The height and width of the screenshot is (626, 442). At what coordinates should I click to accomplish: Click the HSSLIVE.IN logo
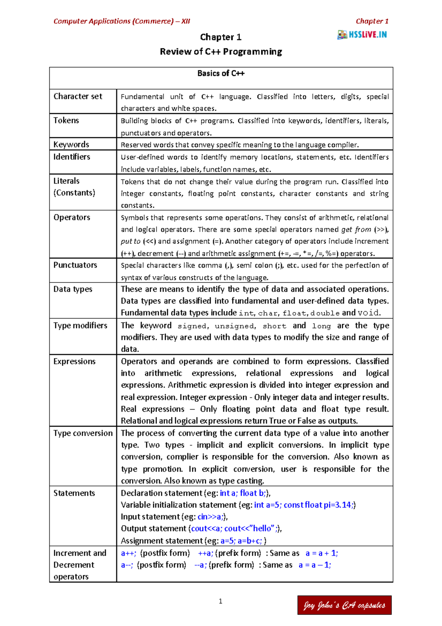(x=362, y=35)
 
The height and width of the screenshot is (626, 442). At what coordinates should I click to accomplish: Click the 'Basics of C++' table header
(x=221, y=73)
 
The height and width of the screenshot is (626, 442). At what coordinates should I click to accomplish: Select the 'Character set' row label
(x=78, y=97)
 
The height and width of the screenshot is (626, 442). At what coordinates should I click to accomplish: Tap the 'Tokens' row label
(x=66, y=121)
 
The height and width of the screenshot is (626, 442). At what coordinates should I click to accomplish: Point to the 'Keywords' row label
(x=71, y=145)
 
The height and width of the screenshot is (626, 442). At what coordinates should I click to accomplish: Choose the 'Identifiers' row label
(x=72, y=157)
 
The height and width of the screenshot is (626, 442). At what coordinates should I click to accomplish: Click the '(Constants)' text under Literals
(x=74, y=193)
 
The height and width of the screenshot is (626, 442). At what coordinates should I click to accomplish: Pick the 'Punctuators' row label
(x=75, y=265)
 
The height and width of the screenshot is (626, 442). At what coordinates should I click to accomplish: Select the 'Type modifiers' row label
(x=80, y=326)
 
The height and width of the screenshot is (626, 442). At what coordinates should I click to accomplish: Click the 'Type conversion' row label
(x=83, y=433)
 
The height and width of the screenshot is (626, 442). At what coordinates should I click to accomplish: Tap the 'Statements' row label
(x=74, y=493)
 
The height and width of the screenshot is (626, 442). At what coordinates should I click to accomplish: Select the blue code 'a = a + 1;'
(x=322, y=553)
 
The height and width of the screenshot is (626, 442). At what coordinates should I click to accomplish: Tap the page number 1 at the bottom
(x=221, y=601)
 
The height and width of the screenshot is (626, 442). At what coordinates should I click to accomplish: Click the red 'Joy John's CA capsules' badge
(x=344, y=605)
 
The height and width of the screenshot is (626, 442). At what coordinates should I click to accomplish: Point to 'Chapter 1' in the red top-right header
(x=372, y=21)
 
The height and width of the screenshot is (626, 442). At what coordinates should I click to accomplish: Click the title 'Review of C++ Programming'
(x=221, y=52)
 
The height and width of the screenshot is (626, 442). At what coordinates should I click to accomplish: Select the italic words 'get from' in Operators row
(x=356, y=230)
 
